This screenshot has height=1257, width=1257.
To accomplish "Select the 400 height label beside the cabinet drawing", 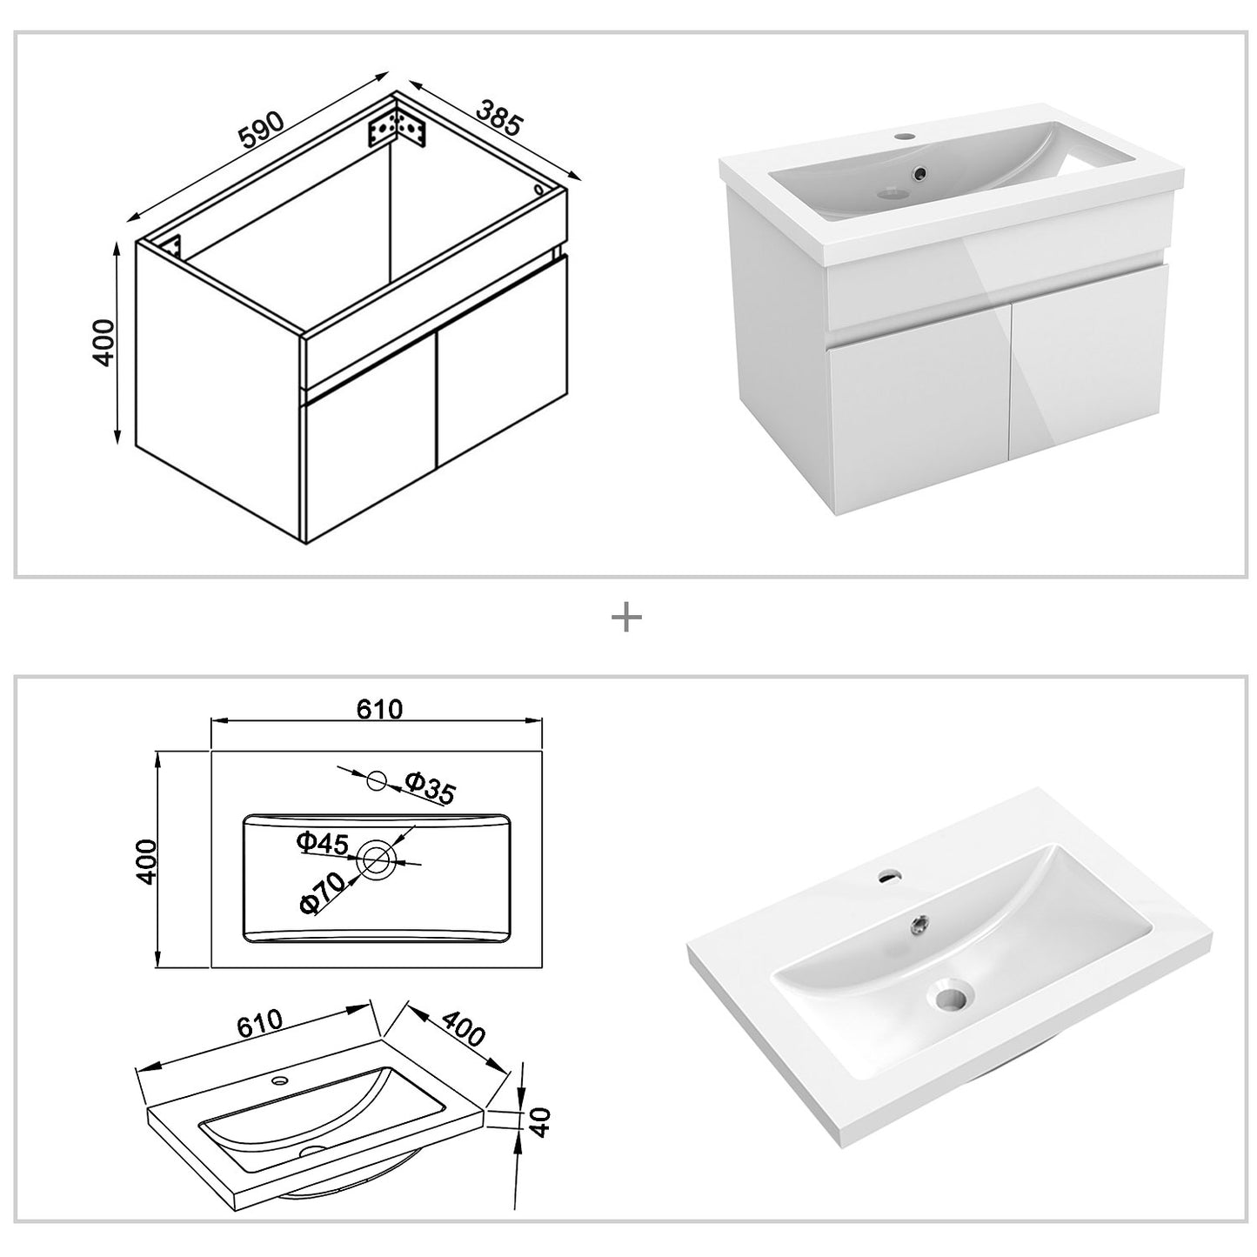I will tap(104, 343).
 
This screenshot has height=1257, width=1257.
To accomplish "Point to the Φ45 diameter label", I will tap(322, 842).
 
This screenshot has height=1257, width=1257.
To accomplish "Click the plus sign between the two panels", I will tap(626, 618).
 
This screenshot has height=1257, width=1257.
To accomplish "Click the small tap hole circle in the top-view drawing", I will tap(377, 781).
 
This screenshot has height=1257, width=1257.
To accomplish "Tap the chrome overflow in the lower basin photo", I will tap(917, 921).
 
